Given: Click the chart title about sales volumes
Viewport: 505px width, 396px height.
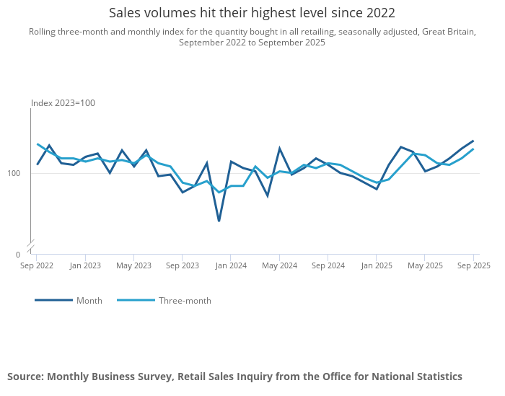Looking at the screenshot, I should point(252,13).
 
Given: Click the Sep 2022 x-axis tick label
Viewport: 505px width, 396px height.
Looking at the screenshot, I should point(37,265).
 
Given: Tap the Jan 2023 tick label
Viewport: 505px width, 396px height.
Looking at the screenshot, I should point(85,265).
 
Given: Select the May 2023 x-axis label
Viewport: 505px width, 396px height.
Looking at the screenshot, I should point(134,265).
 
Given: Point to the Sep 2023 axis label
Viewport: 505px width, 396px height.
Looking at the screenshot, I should point(183,265).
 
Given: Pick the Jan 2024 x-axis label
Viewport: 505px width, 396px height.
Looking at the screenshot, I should point(231,265).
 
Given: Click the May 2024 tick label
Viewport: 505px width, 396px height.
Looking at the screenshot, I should point(279,265).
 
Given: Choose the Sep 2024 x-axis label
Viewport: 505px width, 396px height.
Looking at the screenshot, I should point(328,265).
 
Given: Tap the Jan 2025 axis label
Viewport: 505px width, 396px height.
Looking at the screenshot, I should point(377,265).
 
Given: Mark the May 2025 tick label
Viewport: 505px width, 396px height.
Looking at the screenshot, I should point(425,265).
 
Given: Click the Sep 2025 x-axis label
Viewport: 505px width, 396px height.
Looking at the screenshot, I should point(473,265).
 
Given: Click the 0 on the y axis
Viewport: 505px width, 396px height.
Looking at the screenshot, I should point(18,255).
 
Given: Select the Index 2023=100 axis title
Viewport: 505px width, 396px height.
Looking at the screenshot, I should point(63,103).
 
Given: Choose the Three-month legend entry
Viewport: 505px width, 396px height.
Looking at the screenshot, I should point(185,301).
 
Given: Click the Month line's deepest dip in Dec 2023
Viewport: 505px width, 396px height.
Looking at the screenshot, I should point(219,221).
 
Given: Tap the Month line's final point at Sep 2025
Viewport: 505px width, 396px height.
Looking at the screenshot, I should point(473,141).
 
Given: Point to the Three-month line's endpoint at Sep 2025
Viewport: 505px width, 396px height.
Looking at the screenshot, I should point(473,149).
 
